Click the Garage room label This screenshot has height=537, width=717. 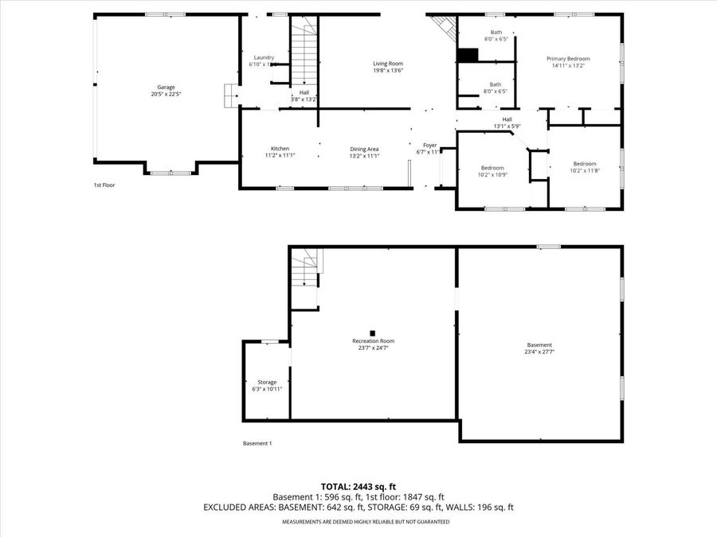[166, 88]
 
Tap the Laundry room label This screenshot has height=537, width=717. [264, 57]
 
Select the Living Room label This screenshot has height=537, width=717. [388, 63]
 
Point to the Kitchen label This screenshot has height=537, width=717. [280, 149]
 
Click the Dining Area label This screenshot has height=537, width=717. [364, 149]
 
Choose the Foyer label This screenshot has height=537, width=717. [429, 145]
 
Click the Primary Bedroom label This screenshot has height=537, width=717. [568, 59]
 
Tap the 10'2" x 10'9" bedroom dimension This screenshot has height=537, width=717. [492, 175]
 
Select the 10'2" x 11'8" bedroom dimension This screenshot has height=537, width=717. [584, 171]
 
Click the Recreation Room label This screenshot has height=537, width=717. [374, 341]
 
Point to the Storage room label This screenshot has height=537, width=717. [267, 382]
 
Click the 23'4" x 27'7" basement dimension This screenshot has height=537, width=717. [539, 352]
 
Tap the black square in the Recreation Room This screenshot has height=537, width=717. [372, 333]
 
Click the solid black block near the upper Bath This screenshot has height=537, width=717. [468, 55]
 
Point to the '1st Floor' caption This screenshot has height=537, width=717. [104, 185]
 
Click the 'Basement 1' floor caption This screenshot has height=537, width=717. [257, 444]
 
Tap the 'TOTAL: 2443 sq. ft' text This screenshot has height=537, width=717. [358, 486]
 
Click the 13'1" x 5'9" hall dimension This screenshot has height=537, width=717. [507, 126]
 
